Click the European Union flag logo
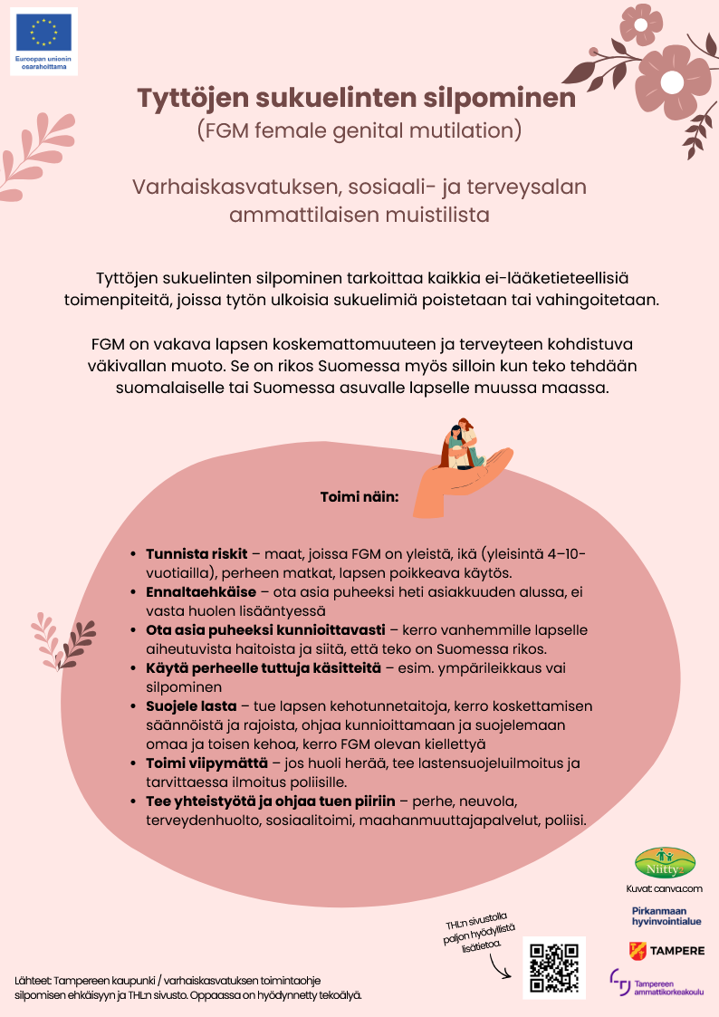(43, 33)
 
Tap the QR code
(554, 968)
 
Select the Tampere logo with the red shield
(666, 950)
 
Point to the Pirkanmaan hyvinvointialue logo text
(666, 916)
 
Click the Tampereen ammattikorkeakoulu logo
(657, 983)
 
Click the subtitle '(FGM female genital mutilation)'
(359, 131)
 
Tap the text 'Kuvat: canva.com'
(664, 888)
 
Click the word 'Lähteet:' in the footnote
(34, 980)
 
